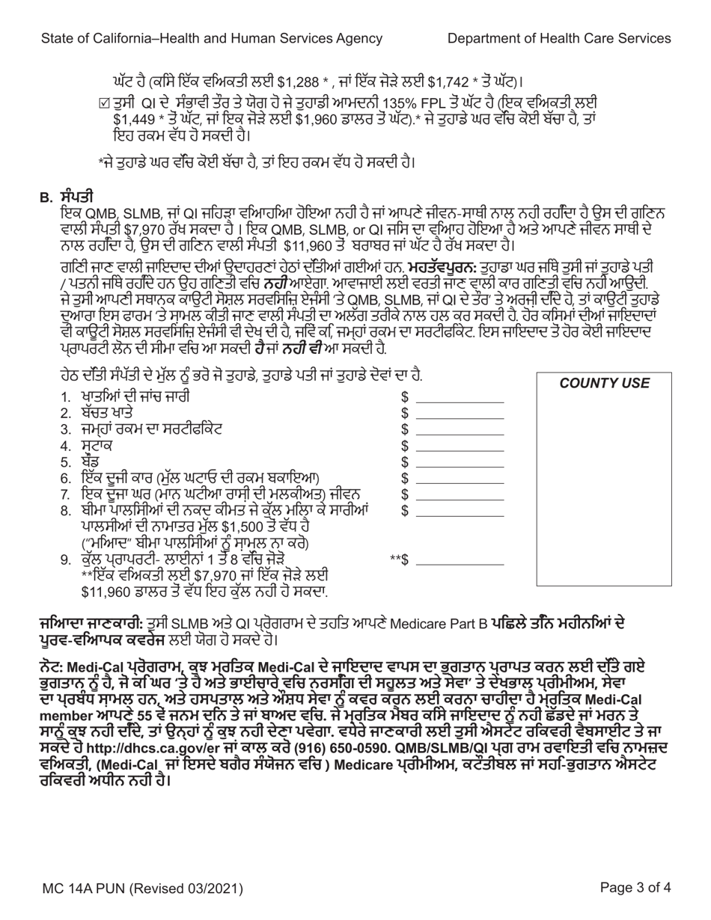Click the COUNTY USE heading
(x=605, y=383)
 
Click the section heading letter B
(x=44, y=197)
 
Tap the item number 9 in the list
(x=65, y=559)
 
